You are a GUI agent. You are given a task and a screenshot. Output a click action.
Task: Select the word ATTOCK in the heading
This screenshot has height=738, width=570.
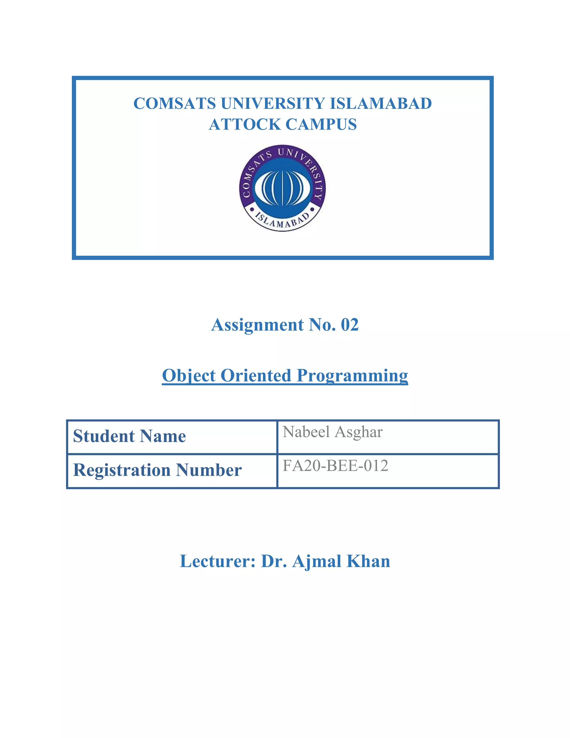[244, 124]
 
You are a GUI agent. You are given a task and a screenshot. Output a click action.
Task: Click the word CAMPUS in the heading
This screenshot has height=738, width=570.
[321, 124]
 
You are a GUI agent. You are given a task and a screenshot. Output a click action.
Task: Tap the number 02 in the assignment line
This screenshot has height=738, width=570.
[350, 325]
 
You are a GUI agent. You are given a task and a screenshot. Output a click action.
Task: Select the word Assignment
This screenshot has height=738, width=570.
[257, 325]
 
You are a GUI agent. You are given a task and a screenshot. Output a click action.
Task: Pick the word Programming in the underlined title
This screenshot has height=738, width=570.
[352, 375]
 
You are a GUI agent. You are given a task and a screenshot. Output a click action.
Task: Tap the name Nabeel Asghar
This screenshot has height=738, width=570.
[333, 432]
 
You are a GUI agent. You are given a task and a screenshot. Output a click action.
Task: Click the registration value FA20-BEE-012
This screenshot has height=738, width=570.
[335, 466]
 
